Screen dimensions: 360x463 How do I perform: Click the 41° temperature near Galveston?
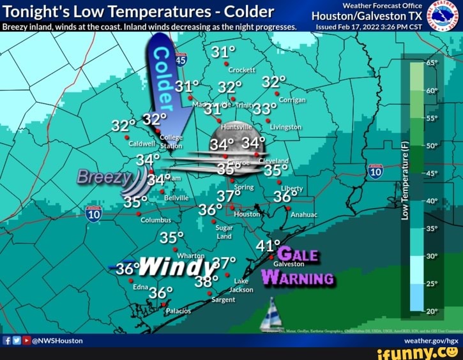coord(268,246)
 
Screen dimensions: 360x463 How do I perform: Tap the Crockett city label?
coord(242,70)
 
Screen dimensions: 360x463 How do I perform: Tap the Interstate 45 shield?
coord(181,60)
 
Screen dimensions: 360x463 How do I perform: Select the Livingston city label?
coord(285,127)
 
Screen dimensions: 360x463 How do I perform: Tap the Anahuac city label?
coord(303,215)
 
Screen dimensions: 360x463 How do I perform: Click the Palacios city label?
coord(178,311)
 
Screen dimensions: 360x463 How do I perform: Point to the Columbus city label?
coord(156,220)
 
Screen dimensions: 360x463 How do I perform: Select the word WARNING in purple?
coord(298,278)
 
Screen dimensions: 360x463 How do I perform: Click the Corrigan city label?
coord(292,100)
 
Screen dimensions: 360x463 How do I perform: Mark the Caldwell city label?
coord(142,144)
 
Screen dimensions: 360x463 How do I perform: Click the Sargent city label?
coord(223,299)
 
